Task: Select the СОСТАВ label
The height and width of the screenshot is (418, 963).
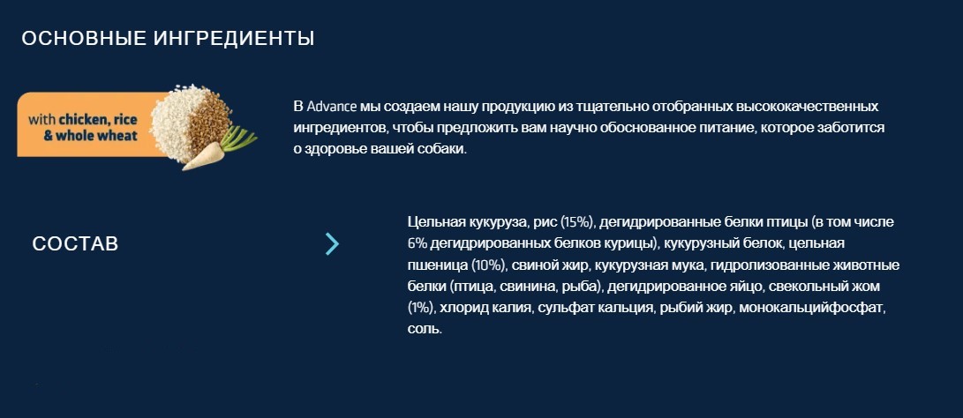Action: (x=75, y=244)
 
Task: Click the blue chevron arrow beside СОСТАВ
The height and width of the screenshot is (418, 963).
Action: (x=332, y=244)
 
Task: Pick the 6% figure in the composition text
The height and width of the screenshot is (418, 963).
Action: (x=418, y=243)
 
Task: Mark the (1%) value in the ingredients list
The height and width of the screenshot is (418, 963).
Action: (x=422, y=308)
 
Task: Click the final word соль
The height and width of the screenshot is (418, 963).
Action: (x=425, y=329)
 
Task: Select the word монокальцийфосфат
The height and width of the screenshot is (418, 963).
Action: (x=811, y=308)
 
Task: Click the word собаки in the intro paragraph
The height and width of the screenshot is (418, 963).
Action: (x=439, y=149)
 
